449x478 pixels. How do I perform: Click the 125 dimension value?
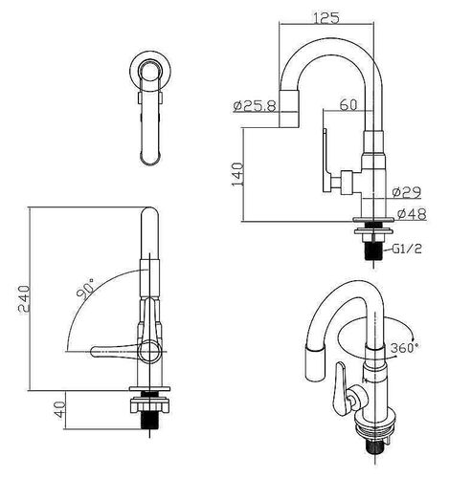coord(326,18)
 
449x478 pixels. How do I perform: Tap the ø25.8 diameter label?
coord(255,106)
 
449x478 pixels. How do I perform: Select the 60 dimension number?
coord(348,104)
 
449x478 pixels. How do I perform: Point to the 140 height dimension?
coord(237,174)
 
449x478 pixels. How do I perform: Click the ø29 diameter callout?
coord(407,192)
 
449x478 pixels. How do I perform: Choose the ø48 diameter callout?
coord(412,214)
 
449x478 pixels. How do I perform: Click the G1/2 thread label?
coord(407,249)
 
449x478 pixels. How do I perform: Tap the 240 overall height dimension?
coord(23,299)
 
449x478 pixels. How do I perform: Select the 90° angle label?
coord(85,289)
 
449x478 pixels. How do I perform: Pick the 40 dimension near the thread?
coord(59,409)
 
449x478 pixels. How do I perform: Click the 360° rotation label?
coord(404,348)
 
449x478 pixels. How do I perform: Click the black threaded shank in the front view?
coord(149,420)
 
